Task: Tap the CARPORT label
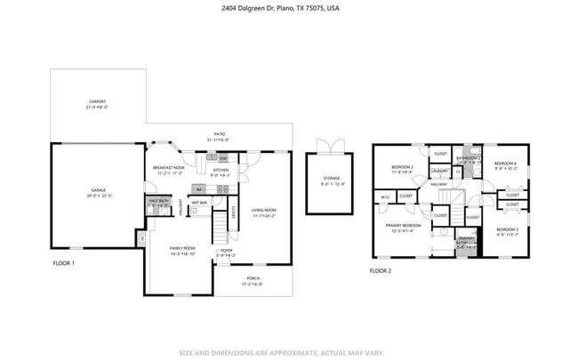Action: [97, 103]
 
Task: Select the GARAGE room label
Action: [97, 193]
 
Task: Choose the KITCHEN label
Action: [220, 172]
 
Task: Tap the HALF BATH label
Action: [158, 203]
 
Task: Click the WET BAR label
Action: [198, 203]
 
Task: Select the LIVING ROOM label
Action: [263, 212]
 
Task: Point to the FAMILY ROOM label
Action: [182, 249]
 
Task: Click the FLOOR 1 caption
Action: [63, 263]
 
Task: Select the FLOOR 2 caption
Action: [380, 270]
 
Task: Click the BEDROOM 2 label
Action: [403, 169]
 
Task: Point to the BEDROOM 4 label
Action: [505, 165]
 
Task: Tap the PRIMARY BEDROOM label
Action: [402, 228]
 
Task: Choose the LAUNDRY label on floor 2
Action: [438, 171]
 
